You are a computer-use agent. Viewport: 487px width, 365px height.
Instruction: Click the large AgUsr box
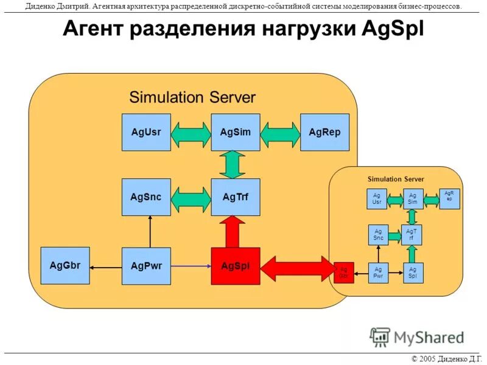point(146,132)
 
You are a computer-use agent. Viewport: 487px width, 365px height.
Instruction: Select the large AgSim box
point(236,132)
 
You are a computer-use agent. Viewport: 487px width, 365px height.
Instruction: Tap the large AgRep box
point(325,132)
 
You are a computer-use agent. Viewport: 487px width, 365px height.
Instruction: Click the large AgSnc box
point(146,196)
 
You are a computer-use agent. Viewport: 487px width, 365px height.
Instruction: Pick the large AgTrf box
point(236,196)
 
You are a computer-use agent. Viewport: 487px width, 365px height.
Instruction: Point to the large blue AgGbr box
point(65,265)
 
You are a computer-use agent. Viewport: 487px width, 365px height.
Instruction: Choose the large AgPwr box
point(146,266)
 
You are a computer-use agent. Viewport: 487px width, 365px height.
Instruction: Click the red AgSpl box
point(236,266)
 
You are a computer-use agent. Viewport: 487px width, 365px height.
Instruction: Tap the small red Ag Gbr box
point(343,272)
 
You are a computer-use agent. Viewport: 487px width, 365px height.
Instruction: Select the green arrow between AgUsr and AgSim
point(191,133)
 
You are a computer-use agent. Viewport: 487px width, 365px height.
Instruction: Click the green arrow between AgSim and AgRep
point(281,133)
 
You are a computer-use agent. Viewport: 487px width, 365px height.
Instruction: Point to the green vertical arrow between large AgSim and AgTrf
point(231,164)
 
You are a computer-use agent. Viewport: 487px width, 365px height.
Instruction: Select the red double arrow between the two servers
point(298,268)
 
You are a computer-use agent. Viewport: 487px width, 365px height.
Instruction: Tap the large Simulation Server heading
point(192,97)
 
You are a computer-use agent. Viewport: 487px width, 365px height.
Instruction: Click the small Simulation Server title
point(396,179)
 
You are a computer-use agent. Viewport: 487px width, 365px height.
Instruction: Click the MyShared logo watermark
point(418,336)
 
